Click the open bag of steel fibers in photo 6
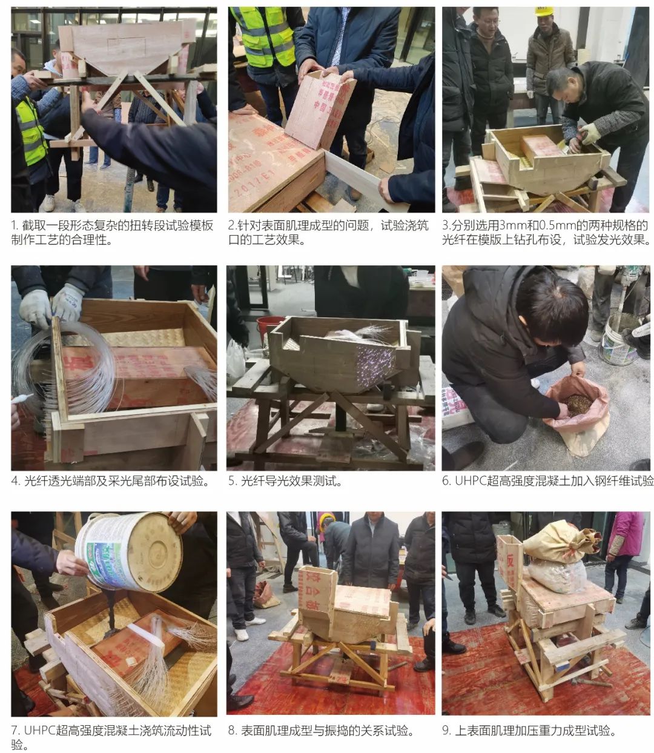pyautogui.click(x=575, y=411)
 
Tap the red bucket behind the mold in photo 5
pyautogui.click(x=270, y=327)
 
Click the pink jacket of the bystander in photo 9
pyautogui.click(x=624, y=534)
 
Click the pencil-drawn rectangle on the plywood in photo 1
pyautogui.click(x=127, y=46)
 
